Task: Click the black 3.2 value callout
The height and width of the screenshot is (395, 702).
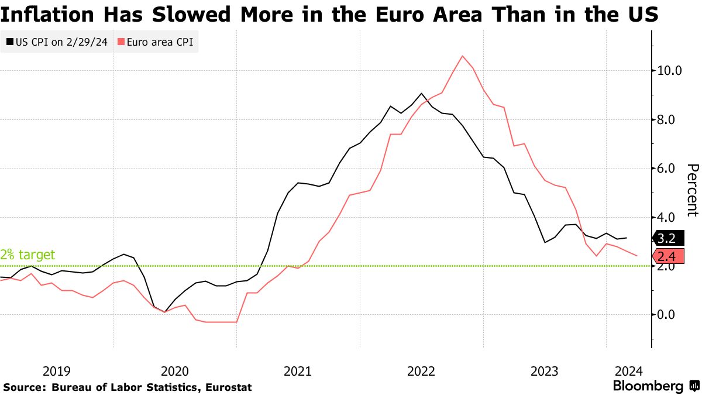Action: (666, 238)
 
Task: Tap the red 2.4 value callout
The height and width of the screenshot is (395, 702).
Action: (666, 256)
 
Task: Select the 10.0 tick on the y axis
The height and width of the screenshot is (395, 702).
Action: (670, 71)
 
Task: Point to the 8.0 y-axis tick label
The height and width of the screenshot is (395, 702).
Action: (670, 119)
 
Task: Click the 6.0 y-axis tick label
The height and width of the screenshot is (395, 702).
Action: (670, 169)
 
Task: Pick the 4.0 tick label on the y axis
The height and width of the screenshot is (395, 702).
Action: (670, 217)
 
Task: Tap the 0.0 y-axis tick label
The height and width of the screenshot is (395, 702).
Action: (670, 315)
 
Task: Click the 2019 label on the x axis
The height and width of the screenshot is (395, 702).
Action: (57, 371)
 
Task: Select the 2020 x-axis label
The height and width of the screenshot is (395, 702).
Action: (174, 371)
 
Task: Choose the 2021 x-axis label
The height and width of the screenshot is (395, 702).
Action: (298, 371)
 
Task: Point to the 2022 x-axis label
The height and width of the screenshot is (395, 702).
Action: (421, 371)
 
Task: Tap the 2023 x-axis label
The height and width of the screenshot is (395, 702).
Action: (545, 371)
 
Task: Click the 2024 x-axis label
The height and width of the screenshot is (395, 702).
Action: (629, 371)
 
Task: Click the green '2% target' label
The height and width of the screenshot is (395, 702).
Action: (27, 255)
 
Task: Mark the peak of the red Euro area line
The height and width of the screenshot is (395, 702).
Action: (463, 56)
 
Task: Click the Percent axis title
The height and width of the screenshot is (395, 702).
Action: (692, 190)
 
